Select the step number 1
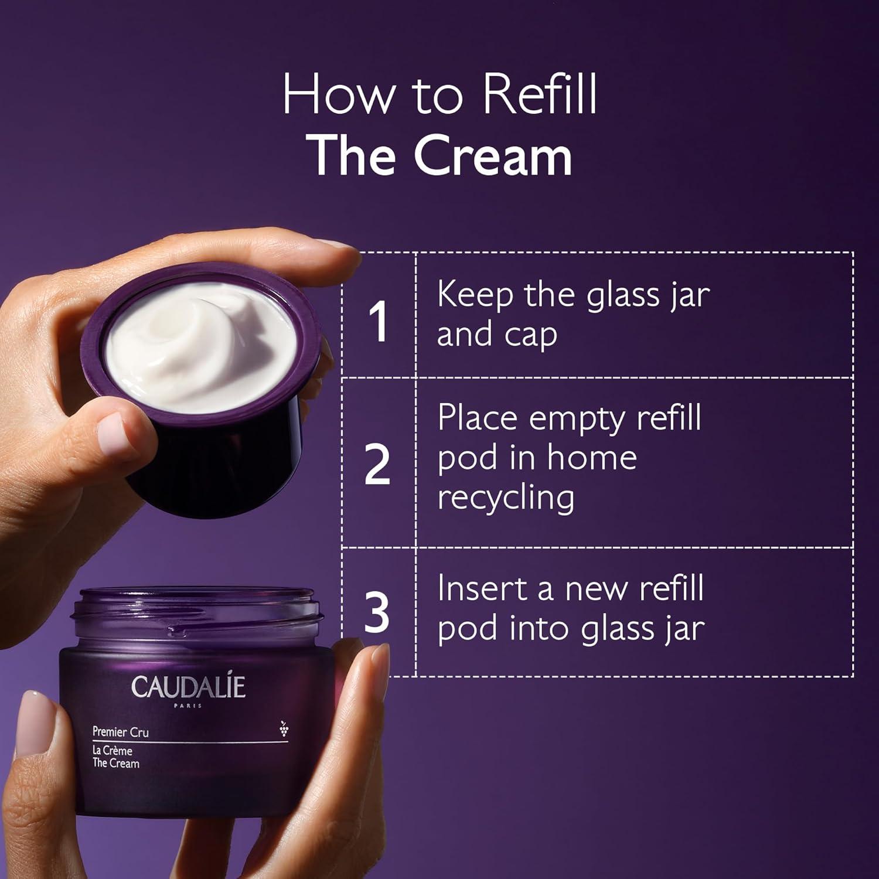[378, 321]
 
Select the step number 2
[377, 464]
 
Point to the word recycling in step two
[506, 498]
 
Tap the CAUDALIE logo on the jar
[188, 687]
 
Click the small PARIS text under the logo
[188, 706]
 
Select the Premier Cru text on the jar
[121, 732]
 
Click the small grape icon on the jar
[284, 728]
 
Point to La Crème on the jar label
[113, 751]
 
